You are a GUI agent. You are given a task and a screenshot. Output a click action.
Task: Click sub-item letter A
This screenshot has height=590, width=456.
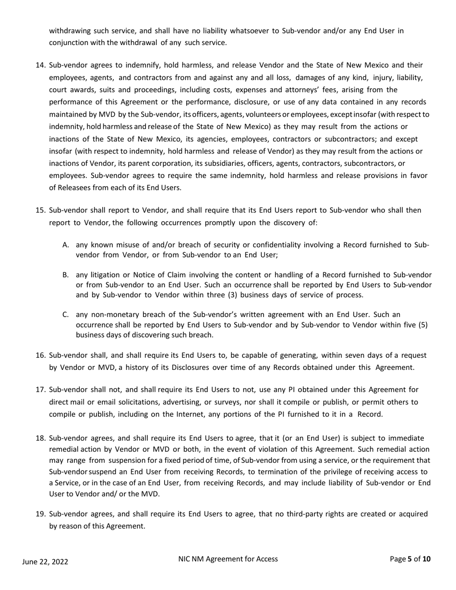66,245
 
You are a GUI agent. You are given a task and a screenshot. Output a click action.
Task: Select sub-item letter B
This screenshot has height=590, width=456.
66,275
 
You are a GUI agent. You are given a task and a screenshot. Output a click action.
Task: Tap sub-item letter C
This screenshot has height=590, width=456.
66,315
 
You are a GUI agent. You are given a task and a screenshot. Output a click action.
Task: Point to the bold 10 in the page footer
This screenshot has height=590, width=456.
426,559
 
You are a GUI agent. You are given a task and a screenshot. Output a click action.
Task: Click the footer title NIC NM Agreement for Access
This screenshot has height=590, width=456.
228,559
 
